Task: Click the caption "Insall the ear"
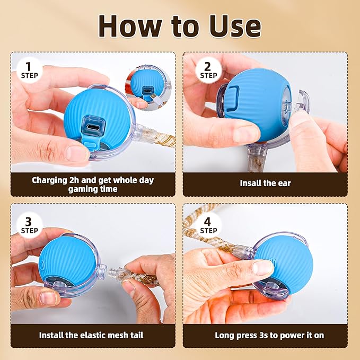pos(265,183)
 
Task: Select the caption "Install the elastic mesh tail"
pos(91,335)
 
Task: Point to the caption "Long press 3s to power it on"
pos(269,335)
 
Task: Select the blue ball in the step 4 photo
pos(286,260)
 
